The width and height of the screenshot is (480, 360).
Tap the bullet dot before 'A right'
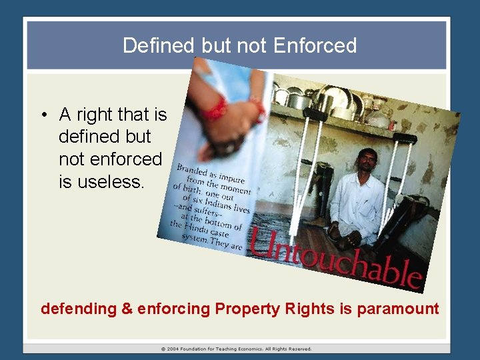pos(42,115)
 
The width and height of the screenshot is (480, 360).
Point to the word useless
pos(101,181)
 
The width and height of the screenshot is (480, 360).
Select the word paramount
pos(398,309)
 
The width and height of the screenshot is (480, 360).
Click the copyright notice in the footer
pos(236,349)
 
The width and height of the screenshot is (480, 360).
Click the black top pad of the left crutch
pos(315,114)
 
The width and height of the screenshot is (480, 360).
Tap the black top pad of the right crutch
pos(405,139)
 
